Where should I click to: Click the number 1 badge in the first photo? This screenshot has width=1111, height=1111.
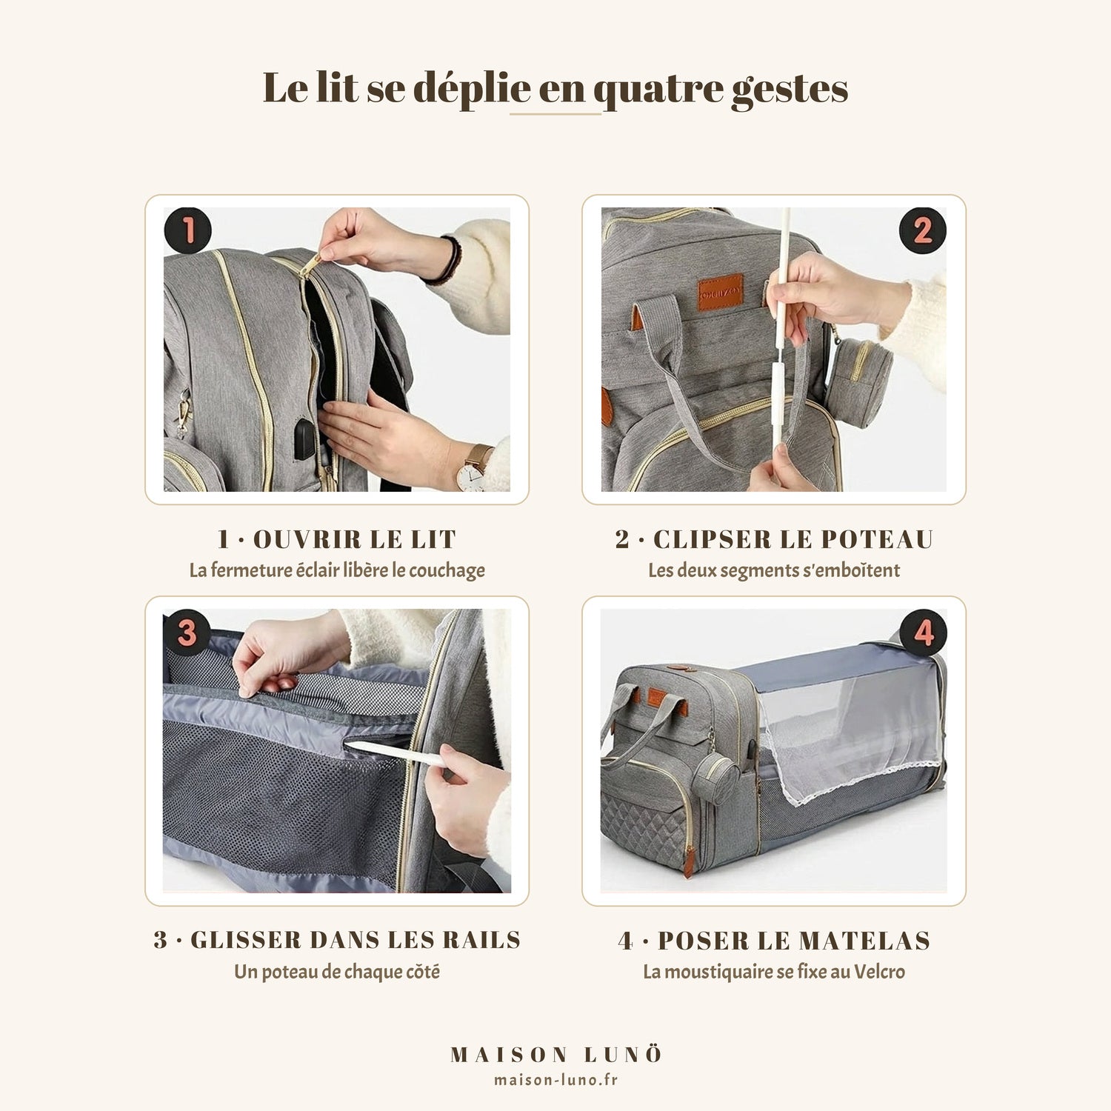pyautogui.click(x=187, y=230)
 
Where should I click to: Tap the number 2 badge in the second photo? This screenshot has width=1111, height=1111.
pyautogui.click(x=922, y=230)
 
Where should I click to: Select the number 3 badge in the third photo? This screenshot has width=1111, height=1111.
pyautogui.click(x=187, y=632)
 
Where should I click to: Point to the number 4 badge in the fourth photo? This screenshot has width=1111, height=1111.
pyautogui.click(x=924, y=633)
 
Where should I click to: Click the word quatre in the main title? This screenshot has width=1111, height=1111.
pyautogui.click(x=658, y=90)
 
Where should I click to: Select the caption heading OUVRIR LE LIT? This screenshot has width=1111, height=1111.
pyautogui.click(x=355, y=539)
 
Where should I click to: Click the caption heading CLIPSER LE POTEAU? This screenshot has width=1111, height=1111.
pyautogui.click(x=793, y=539)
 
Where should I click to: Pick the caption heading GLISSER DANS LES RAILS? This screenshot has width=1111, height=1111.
pyautogui.click(x=356, y=940)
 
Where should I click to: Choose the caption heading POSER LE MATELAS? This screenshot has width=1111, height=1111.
pyautogui.click(x=794, y=941)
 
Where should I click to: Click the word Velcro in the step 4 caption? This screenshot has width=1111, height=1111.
pyautogui.click(x=879, y=971)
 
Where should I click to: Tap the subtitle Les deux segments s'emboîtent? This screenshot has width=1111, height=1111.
pyautogui.click(x=774, y=570)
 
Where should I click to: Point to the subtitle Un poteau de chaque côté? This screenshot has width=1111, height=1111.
pyautogui.click(x=337, y=972)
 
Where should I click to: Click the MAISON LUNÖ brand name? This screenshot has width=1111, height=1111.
pyautogui.click(x=555, y=1055)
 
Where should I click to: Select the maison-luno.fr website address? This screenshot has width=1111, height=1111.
pyautogui.click(x=555, y=1080)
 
